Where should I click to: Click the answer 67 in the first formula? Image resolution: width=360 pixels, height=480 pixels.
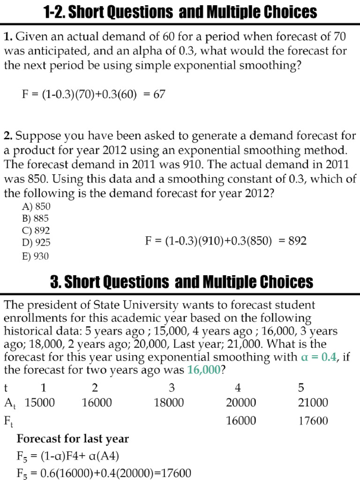pyautogui.click(x=159, y=94)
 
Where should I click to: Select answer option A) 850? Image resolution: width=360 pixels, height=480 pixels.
pyautogui.click(x=36, y=206)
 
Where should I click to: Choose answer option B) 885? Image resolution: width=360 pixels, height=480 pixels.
pyautogui.click(x=35, y=218)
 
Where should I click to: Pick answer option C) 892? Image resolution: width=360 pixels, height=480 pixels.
pyautogui.click(x=35, y=231)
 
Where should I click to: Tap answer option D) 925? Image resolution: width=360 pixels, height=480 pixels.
pyautogui.click(x=36, y=243)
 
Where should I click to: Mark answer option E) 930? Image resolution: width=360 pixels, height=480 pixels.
pyautogui.click(x=35, y=255)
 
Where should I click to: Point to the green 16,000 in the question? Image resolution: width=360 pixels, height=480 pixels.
pyautogui.click(x=203, y=370)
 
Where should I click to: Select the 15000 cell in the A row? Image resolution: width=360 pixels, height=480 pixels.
pyautogui.click(x=40, y=403)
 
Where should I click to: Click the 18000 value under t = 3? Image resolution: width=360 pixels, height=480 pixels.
pyautogui.click(x=169, y=403)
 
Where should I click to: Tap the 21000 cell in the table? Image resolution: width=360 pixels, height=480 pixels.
pyautogui.click(x=313, y=403)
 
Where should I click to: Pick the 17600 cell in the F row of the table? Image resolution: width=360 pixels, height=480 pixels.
pyautogui.click(x=313, y=420)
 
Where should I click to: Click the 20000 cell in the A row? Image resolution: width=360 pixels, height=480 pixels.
pyautogui.click(x=241, y=403)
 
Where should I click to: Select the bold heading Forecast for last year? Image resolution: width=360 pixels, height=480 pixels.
pyautogui.click(x=73, y=439)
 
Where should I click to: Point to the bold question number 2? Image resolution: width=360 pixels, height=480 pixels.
pyautogui.click(x=8, y=136)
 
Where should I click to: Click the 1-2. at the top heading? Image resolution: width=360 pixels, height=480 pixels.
pyautogui.click(x=56, y=12)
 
